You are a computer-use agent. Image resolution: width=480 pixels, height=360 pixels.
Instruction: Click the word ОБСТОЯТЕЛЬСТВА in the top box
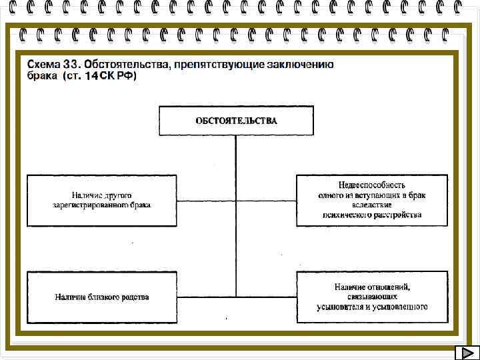236,121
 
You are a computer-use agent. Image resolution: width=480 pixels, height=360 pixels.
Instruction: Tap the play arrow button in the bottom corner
466,353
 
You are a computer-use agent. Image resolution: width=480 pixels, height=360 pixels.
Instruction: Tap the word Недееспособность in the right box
372,185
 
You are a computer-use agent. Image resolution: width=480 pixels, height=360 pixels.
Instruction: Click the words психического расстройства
372,215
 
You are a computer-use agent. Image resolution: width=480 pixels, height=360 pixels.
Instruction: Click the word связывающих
372,297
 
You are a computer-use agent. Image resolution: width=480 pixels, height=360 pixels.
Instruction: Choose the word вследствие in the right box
372,205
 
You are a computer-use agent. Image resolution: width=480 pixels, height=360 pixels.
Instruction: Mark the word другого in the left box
118,195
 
